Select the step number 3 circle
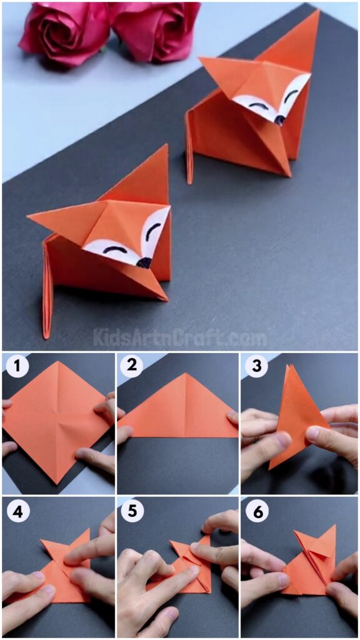coord(256,367)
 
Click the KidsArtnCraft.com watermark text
coord(180,338)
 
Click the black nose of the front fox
coord(144,263)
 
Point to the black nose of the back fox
coord(279,120)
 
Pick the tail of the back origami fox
coord(190,150)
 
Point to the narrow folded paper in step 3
coord(289,416)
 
